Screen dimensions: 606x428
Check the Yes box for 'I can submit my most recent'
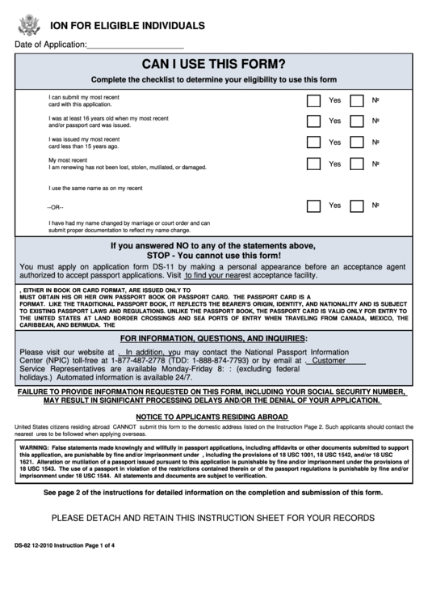313,101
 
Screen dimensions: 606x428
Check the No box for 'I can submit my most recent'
356,101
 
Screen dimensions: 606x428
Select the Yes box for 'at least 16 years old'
313,121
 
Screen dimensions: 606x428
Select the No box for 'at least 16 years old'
356,121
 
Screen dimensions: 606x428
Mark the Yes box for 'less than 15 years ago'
313,142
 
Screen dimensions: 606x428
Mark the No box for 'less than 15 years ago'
356,142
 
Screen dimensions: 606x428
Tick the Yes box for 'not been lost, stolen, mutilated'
313,163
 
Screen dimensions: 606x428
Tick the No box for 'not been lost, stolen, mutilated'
356,163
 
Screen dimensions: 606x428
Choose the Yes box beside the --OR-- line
313,206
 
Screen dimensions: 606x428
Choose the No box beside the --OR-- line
356,206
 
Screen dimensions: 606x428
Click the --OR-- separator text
56,207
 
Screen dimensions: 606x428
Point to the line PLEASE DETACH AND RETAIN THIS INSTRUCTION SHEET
213,518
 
